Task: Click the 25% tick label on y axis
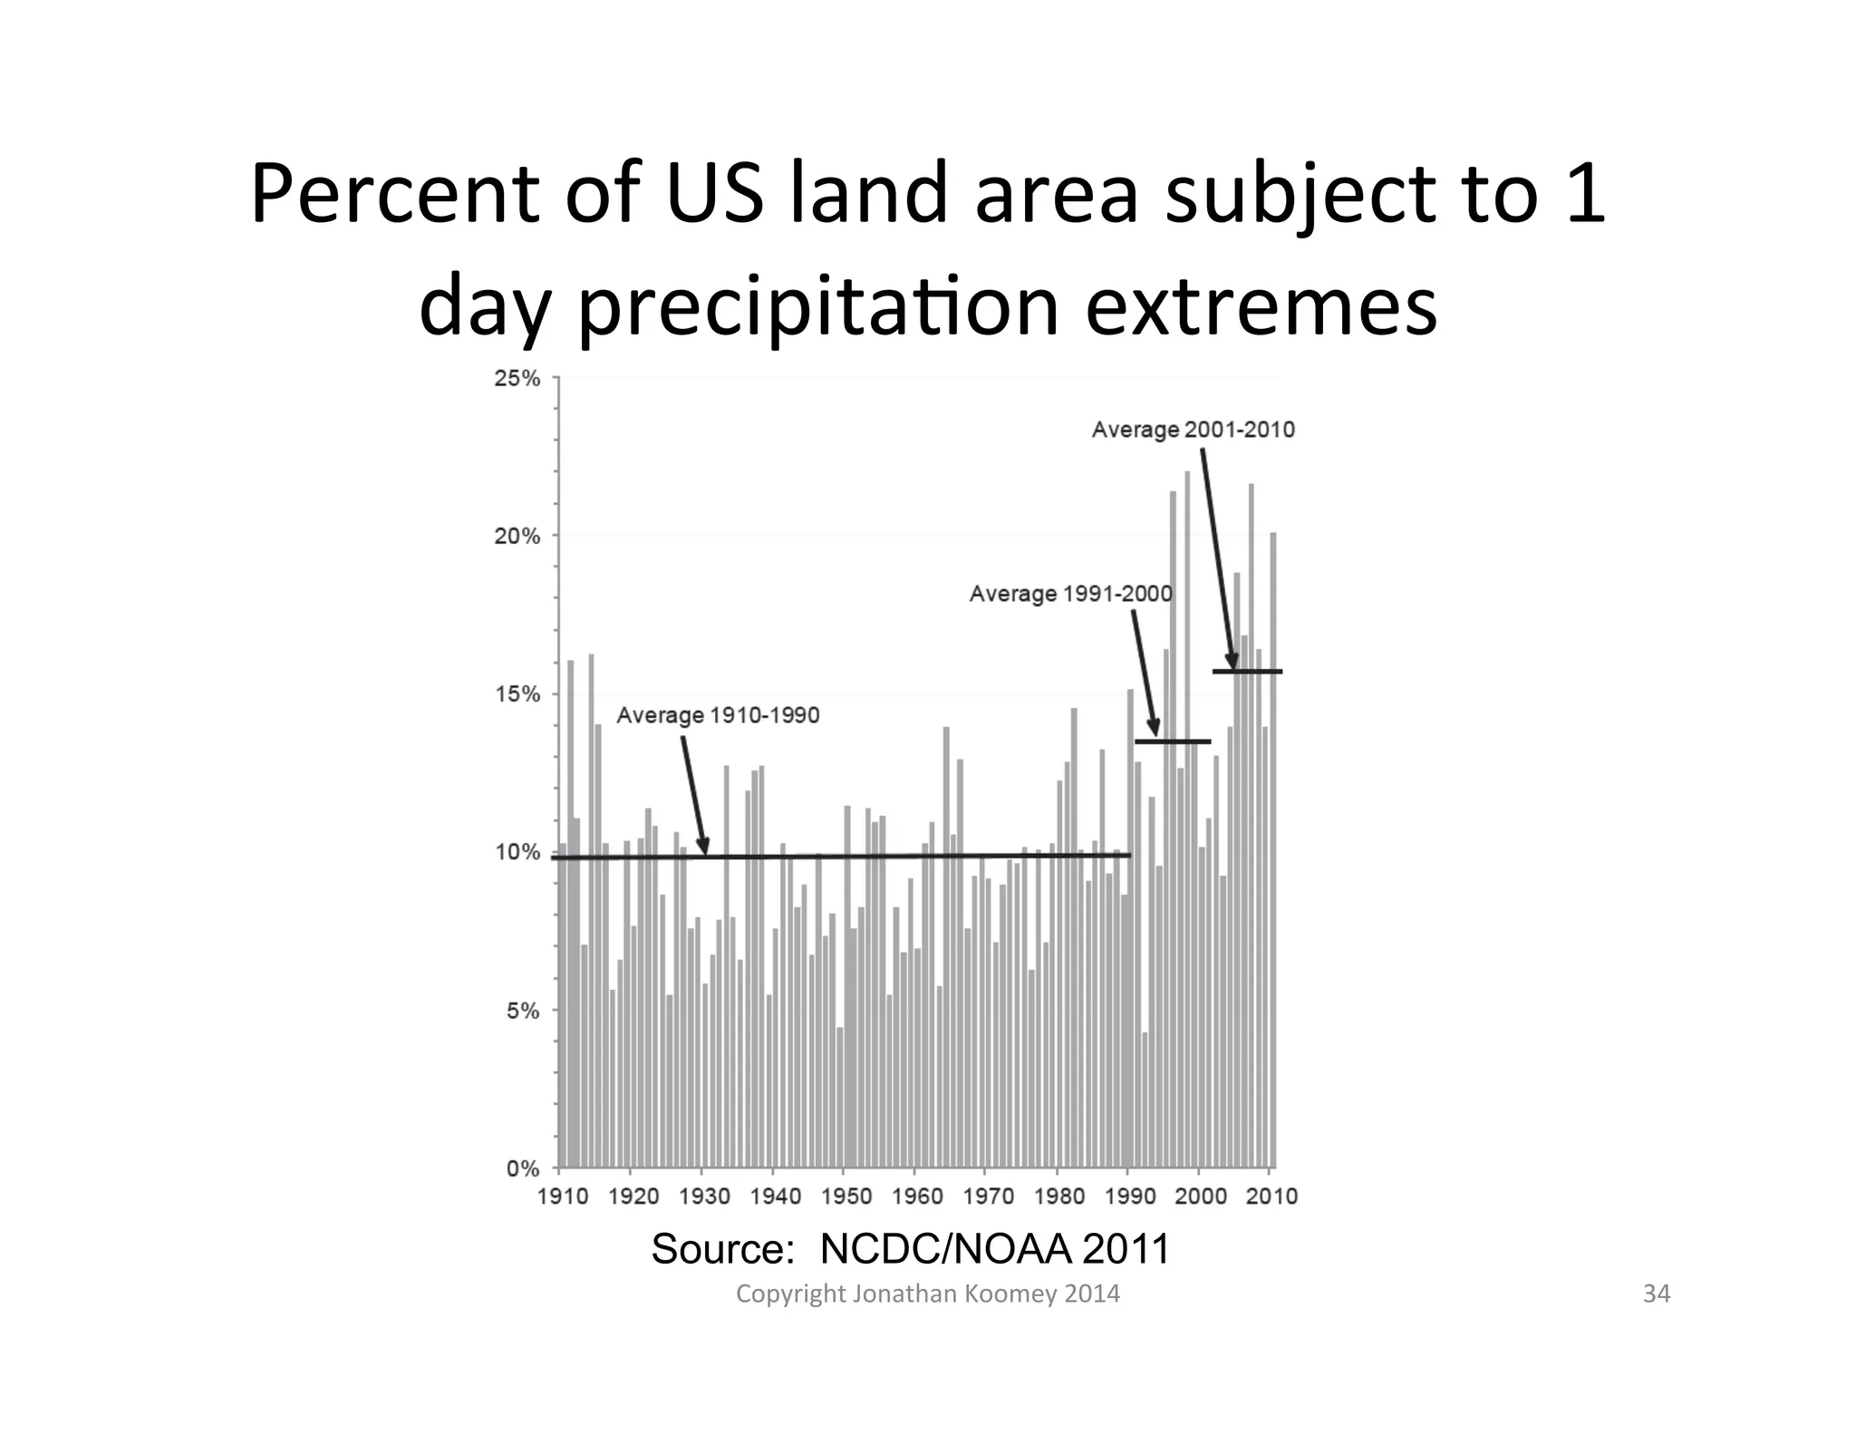tap(517, 379)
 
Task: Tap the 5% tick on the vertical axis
tap(522, 1011)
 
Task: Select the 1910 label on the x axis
tap(562, 1197)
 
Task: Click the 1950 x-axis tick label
tap(846, 1197)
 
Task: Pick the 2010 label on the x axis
tap(1271, 1197)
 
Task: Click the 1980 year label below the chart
tap(1058, 1197)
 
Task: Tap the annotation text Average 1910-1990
tap(718, 715)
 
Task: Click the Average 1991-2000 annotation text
tap(1070, 594)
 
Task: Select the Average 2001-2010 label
tap(1193, 430)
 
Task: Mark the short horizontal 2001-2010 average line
tap(1247, 672)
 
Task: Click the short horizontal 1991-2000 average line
tap(1172, 741)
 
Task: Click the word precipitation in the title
tap(818, 306)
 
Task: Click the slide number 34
tap(1656, 1294)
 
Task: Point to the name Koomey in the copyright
tap(1010, 1294)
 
